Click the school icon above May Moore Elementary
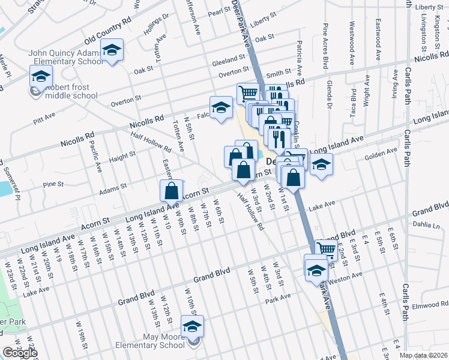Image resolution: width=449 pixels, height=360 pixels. pos(192,326)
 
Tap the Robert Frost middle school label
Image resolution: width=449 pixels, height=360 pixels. pos(71,91)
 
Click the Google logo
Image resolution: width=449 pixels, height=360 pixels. pos(20,353)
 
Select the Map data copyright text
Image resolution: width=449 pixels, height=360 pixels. pos(423,355)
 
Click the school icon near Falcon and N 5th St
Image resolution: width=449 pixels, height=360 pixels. pos(221,107)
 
